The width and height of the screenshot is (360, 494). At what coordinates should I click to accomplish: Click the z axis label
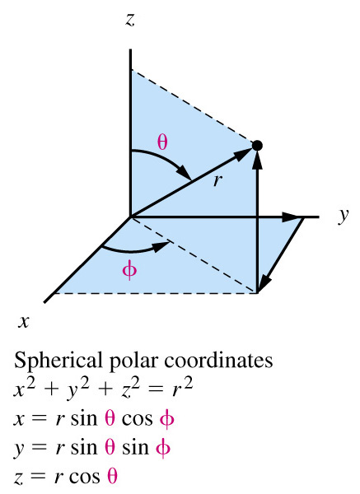point(129,20)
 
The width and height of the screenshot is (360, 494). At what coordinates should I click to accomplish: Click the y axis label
point(344,216)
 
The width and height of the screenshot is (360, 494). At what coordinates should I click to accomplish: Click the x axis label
point(23,322)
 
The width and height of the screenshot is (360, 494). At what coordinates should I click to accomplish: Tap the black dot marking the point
point(257,146)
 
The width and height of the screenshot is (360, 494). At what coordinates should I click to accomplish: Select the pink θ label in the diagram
point(162,142)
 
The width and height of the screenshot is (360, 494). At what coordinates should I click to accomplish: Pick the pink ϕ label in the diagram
point(129,270)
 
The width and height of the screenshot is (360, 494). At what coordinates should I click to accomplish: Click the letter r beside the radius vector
point(217,181)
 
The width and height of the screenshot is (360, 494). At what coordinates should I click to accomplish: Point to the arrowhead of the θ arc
point(184,172)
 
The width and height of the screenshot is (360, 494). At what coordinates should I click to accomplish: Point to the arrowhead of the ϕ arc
point(161,246)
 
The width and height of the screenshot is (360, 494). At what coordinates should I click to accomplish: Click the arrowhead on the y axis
point(292,217)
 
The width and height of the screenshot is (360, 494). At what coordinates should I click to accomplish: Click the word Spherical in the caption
point(58,361)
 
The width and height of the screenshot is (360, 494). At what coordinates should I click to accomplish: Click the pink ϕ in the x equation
point(166,419)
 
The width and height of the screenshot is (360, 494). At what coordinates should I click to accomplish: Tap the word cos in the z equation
point(84,477)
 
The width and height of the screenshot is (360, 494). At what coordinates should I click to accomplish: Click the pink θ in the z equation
point(112,476)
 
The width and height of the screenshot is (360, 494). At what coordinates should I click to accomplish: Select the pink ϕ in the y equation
point(163,448)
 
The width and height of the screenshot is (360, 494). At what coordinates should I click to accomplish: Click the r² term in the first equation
point(182,387)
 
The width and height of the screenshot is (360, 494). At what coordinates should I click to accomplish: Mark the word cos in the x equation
point(137,419)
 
